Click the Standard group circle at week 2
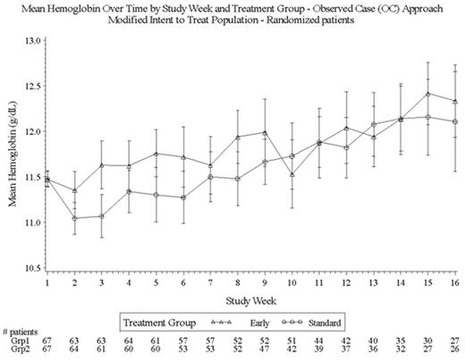click(74, 218)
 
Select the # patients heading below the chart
click(21, 331)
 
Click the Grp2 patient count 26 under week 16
click(457, 352)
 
